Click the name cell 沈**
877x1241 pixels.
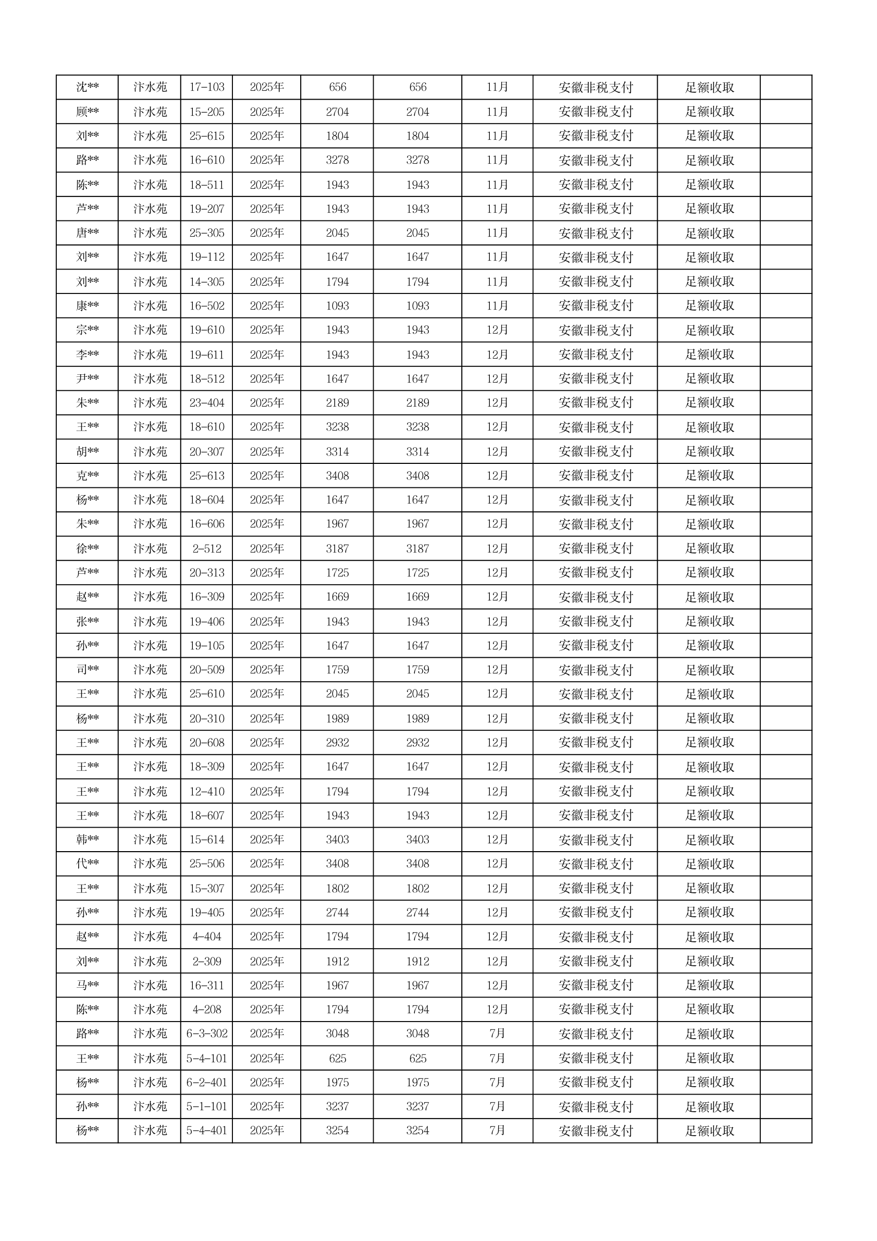point(87,87)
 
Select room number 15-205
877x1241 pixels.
point(206,112)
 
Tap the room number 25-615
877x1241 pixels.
point(206,136)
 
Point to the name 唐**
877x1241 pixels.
point(87,233)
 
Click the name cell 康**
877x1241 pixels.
point(87,306)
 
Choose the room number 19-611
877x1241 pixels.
point(206,354)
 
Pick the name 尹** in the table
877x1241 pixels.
point(87,378)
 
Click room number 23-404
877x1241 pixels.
point(206,403)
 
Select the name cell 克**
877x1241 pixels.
point(87,476)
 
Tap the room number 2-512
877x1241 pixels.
point(206,549)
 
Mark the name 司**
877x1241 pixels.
point(87,670)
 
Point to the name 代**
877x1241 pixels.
point(87,864)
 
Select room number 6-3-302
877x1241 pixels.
point(206,1034)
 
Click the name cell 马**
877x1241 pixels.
point(87,985)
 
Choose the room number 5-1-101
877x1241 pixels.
point(206,1107)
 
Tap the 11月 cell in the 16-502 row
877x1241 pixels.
point(497,306)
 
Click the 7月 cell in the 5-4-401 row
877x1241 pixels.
point(497,1131)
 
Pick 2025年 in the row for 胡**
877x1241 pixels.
point(266,451)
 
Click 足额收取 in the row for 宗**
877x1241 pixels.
point(709,330)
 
